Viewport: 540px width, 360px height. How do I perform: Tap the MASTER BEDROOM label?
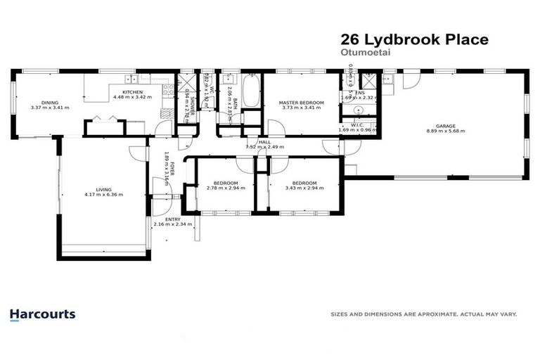point(302,103)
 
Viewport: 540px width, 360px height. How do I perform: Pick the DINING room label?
point(49,103)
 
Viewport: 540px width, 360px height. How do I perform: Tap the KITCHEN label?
point(132,92)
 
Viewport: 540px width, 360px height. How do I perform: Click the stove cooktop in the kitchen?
point(168,89)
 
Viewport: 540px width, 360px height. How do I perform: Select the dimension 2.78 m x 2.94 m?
point(224,188)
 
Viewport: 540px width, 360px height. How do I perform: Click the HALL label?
point(264,142)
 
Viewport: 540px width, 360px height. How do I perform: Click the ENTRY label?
point(172,219)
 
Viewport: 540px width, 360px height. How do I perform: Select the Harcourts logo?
point(42,314)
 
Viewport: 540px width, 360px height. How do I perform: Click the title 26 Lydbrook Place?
point(413,40)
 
